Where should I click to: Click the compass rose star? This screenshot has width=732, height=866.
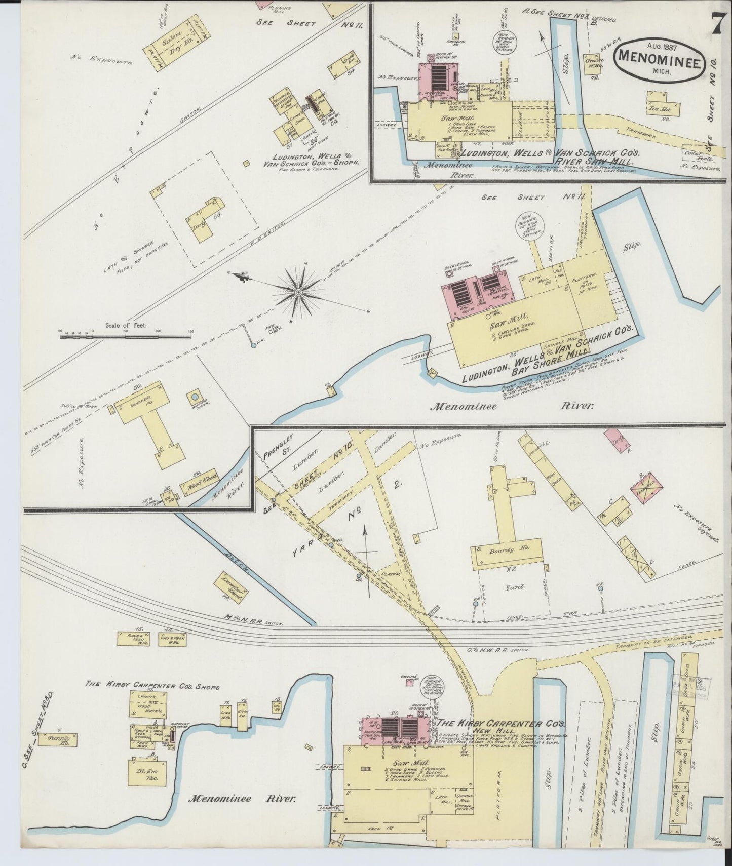click(x=299, y=291)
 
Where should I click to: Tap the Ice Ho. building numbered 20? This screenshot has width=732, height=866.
click(x=659, y=107)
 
